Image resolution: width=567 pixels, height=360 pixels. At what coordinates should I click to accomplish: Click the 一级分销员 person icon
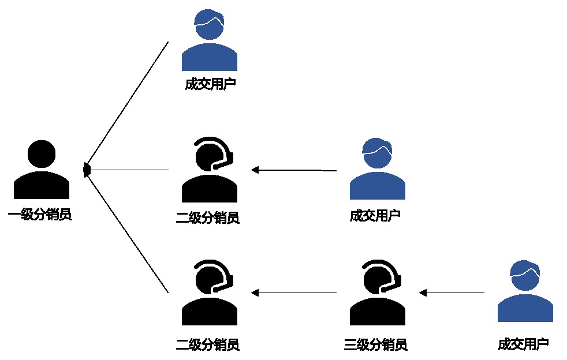click(42, 170)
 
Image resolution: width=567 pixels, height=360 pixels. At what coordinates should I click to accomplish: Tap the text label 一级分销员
click(40, 216)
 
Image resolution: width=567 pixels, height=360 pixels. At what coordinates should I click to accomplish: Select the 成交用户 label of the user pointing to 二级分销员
click(375, 216)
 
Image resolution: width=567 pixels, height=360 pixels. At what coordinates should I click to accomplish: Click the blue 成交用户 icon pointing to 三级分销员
click(525, 292)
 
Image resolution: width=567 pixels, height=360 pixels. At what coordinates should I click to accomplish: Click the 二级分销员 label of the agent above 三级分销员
click(207, 345)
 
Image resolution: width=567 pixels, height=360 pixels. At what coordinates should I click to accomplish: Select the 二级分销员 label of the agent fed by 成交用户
click(207, 217)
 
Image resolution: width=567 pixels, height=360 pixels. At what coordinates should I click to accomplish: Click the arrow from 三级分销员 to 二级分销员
click(294, 293)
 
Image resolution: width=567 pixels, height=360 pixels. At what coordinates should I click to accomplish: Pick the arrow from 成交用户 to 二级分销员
click(294, 170)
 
